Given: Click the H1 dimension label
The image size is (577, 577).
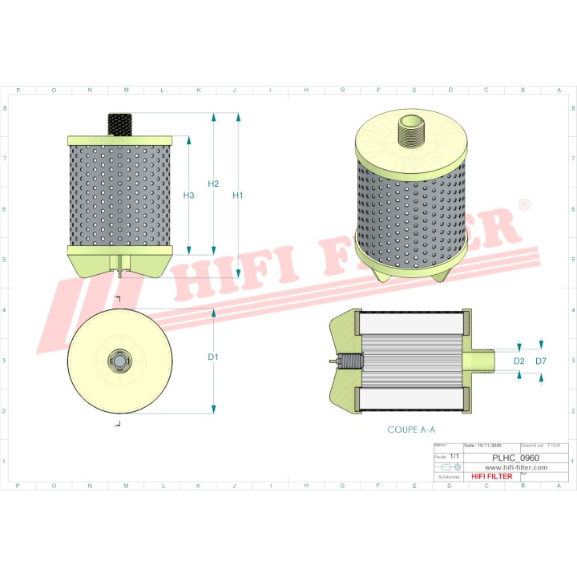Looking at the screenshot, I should click(x=238, y=196).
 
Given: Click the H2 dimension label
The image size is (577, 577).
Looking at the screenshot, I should click(x=213, y=184).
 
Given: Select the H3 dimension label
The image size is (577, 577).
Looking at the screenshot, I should click(x=188, y=196).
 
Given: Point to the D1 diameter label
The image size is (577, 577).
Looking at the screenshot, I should click(x=213, y=357).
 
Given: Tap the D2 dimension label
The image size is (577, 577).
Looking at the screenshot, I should click(x=518, y=362).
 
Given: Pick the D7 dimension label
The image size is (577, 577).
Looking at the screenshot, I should click(x=541, y=362).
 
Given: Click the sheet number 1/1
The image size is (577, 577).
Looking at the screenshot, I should click(x=454, y=456).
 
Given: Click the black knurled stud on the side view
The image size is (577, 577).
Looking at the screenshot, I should click(x=119, y=123).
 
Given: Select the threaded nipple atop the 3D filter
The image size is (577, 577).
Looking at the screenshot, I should click(x=411, y=133).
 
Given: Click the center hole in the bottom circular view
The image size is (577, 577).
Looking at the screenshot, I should click(x=119, y=361).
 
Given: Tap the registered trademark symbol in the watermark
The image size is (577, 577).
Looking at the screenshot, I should click(x=524, y=206).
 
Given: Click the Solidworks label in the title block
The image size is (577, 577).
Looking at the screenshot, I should click(x=445, y=476).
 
